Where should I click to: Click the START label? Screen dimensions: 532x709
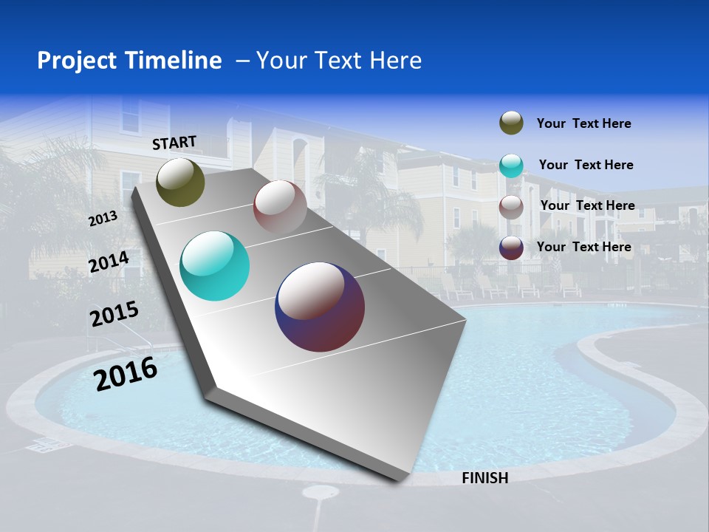tap(174, 143)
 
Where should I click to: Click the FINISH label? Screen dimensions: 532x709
tap(484, 478)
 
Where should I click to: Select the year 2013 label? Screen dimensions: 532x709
tap(103, 219)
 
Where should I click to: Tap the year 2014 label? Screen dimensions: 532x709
tap(109, 262)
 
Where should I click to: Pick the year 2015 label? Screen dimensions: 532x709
tap(114, 314)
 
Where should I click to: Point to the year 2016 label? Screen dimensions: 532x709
tap(126, 374)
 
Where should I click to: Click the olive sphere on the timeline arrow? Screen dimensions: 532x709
tap(180, 182)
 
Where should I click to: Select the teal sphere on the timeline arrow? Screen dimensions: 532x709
tap(214, 266)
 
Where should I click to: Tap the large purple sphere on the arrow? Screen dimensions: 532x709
tap(320, 307)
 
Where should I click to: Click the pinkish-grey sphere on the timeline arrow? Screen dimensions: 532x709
tap(280, 206)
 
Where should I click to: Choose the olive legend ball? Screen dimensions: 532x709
tap(511, 123)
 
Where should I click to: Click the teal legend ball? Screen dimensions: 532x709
tap(511, 166)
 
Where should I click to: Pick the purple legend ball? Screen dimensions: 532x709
tap(511, 248)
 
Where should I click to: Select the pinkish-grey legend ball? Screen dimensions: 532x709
tap(511, 207)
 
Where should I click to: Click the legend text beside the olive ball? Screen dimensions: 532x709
tap(583, 124)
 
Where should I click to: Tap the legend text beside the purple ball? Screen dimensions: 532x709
tap(583, 247)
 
